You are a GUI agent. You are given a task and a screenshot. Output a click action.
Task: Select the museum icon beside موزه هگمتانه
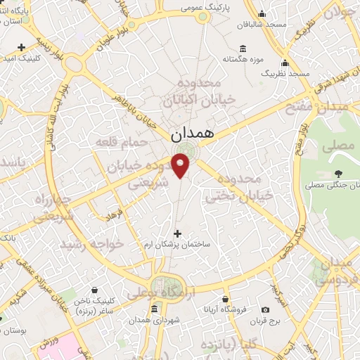(243, 48)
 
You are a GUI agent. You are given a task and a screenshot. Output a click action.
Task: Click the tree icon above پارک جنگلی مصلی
(340, 173)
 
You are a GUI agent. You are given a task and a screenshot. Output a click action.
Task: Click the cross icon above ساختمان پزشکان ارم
(176, 233)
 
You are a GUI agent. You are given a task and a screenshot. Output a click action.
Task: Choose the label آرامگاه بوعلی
(157, 289)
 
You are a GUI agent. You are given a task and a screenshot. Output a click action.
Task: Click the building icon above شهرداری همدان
(153, 309)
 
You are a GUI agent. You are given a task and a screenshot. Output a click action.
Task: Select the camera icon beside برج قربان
(265, 309)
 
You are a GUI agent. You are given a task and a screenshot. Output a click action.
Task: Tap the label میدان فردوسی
(332, 271)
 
